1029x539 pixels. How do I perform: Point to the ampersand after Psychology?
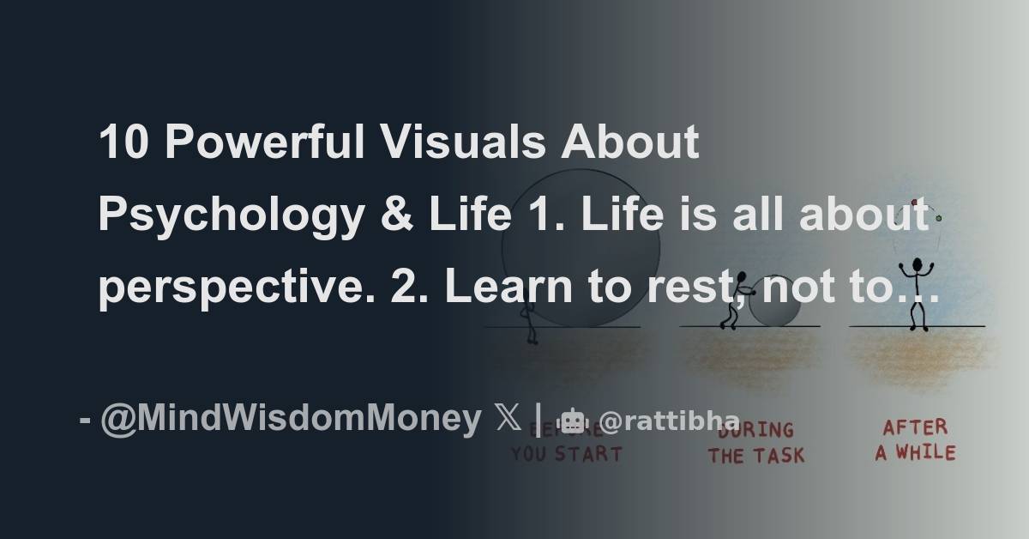click(x=394, y=214)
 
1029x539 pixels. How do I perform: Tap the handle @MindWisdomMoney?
click(x=291, y=419)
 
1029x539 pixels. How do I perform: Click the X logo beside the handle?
click(x=508, y=420)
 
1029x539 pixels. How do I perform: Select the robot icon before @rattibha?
click(x=573, y=421)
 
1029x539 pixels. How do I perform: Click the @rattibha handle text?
click(x=669, y=421)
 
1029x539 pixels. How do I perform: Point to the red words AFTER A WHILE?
click(x=915, y=439)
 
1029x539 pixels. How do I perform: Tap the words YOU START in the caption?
click(x=566, y=454)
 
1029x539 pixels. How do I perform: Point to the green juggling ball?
click(x=939, y=218)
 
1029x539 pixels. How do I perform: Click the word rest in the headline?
click(x=680, y=288)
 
